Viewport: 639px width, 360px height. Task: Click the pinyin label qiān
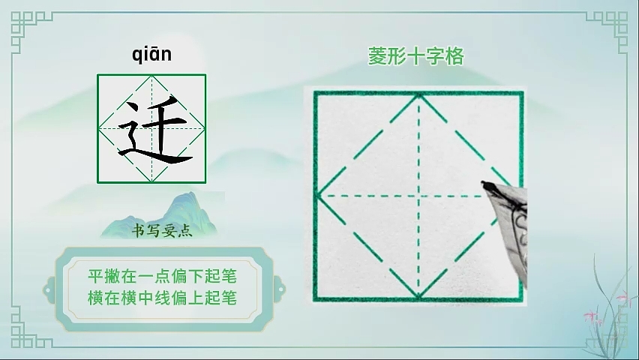151,55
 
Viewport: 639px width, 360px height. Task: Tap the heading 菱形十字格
415,56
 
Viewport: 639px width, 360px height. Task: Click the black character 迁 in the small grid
155,130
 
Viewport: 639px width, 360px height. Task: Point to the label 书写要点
162,231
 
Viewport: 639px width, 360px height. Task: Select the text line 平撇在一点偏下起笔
162,277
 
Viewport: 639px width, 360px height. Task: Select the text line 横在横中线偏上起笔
162,298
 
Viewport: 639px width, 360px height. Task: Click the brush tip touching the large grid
484,184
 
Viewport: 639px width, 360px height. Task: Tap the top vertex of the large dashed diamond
419,95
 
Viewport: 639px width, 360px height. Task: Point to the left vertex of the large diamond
318,196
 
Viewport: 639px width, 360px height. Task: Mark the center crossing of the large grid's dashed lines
419,196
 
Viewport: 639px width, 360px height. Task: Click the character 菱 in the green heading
378,56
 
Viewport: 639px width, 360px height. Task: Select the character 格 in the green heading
454,56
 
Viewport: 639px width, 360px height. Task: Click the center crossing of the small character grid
151,129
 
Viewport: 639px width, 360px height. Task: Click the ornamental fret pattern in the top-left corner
28,28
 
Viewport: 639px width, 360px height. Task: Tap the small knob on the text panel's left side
49,290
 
